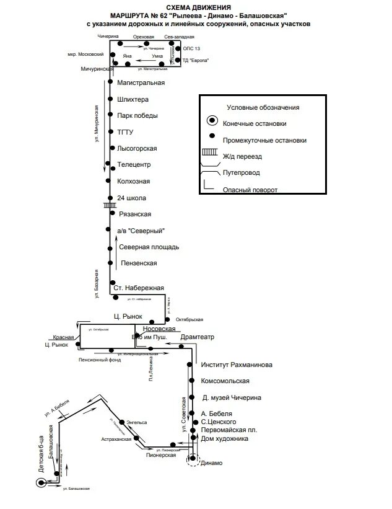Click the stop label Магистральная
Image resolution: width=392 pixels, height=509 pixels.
[141, 82]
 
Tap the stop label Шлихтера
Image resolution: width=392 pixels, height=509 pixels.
[133, 99]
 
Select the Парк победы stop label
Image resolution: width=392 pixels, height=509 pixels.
[137, 116]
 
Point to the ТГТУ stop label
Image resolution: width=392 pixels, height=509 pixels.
[125, 132]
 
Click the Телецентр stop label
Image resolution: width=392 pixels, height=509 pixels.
[134, 165]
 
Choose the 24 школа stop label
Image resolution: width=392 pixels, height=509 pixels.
[131, 198]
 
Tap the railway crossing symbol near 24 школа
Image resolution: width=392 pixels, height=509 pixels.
[110, 204]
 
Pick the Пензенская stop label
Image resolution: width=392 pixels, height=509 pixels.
[138, 263]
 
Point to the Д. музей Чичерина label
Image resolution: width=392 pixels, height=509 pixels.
[232, 397]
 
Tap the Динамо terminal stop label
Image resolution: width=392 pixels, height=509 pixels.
[211, 463]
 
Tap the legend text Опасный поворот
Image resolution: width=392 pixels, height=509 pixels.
[251, 190]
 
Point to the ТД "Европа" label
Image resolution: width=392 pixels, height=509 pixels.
[195, 60]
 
